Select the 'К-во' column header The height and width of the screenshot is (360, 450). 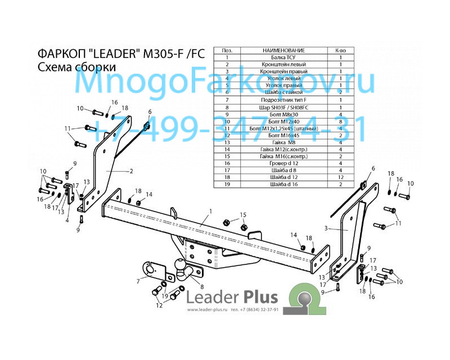(x=341, y=50)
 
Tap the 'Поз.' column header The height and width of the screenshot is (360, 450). (x=227, y=50)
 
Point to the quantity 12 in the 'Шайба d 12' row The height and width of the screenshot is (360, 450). (x=341, y=177)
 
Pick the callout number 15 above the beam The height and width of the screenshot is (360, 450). (x=244, y=214)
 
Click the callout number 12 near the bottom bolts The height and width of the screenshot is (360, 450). (x=159, y=305)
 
